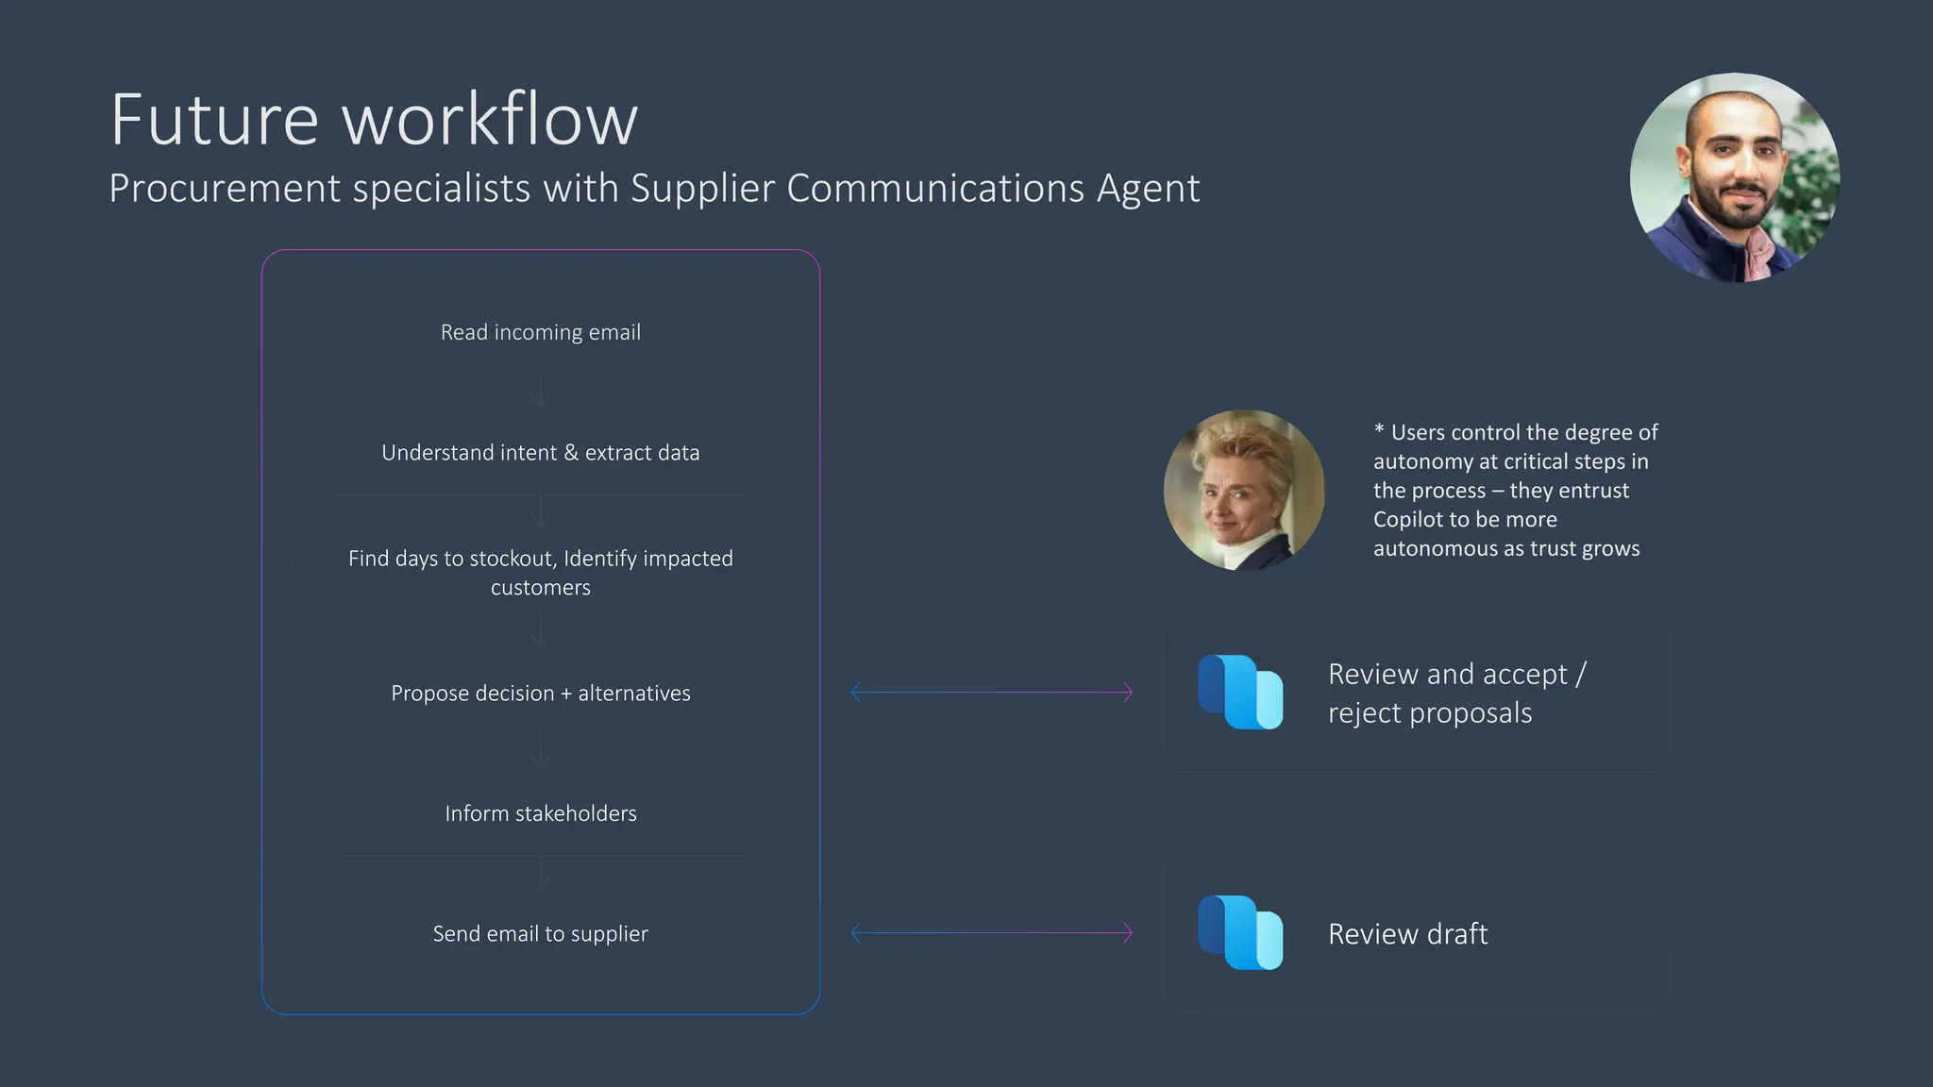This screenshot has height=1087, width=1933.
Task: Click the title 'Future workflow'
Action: [374, 120]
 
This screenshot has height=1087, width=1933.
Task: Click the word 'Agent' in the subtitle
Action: [1148, 189]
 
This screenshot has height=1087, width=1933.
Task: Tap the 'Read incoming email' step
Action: [540, 332]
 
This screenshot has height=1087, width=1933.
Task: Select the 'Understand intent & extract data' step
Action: [540, 453]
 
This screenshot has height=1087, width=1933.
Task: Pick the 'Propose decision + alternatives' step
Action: [540, 694]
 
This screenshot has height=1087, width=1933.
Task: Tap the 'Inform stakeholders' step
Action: [540, 813]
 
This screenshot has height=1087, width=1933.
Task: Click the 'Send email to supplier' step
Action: [540, 934]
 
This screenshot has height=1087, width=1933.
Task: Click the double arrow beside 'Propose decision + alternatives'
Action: [991, 693]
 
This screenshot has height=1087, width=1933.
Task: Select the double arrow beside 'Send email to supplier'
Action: [991, 933]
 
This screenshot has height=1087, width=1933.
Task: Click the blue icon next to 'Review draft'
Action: [1240, 932]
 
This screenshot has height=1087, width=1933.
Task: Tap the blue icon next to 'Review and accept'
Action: [1240, 692]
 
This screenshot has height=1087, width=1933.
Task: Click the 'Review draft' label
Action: [1407, 934]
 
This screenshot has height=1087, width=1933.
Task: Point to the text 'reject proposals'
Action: [1429, 713]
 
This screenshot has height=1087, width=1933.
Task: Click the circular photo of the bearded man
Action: [1734, 177]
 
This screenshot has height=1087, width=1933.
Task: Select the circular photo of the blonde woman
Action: [1244, 490]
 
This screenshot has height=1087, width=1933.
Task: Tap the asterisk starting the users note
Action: [1379, 429]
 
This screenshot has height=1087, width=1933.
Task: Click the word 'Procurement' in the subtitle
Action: [225, 189]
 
